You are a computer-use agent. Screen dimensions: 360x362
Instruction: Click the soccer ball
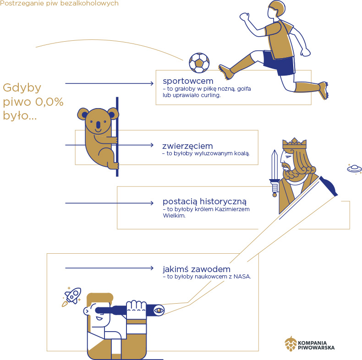pyautogui.click(x=199, y=63)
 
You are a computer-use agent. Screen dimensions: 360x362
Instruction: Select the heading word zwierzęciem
pyautogui.click(x=187, y=146)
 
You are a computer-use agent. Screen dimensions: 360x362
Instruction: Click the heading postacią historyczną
pyautogui.click(x=204, y=201)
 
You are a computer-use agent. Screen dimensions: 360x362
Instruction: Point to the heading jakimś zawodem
pyautogui.click(x=196, y=269)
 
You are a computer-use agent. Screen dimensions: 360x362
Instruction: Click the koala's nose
pyautogui.click(x=97, y=124)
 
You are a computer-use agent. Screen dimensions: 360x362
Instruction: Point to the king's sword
pyautogui.click(x=274, y=172)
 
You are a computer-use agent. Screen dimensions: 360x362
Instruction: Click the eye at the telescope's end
pyautogui.click(x=159, y=310)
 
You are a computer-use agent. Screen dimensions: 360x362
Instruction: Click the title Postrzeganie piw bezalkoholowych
pyautogui.click(x=59, y=4)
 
